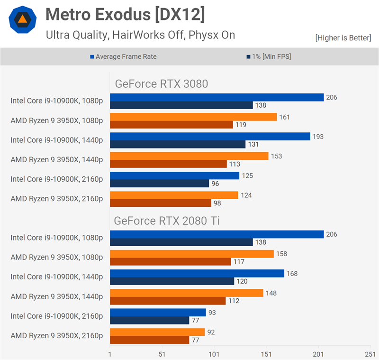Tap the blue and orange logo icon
click(22, 19)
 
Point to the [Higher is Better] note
click(343, 37)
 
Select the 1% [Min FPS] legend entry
click(269, 56)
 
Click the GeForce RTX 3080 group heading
click(162, 84)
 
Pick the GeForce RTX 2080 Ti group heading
click(166, 221)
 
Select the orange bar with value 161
click(193, 117)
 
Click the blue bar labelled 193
click(210, 137)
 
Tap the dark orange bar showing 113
click(168, 164)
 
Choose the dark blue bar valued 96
click(159, 183)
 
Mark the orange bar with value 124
click(174, 195)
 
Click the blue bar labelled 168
click(197, 273)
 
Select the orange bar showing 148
click(187, 293)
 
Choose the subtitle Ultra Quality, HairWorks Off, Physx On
click(140, 35)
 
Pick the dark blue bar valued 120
click(172, 281)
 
